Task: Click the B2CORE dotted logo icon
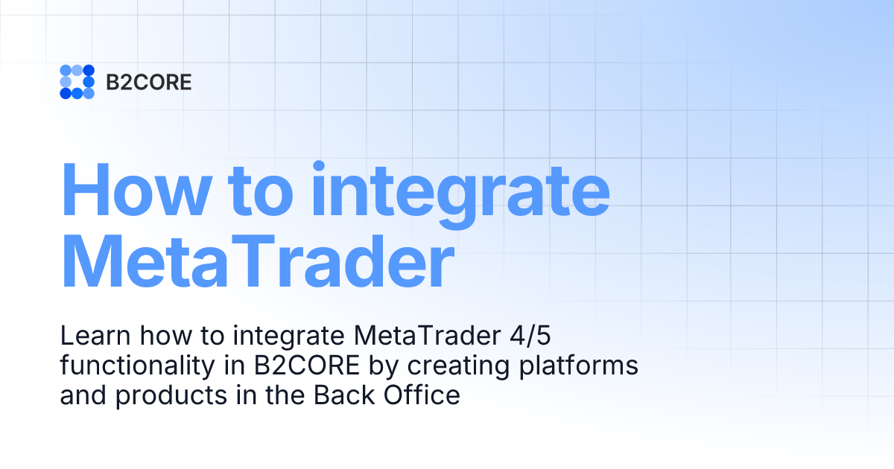click(77, 82)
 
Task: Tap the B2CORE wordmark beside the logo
click(148, 83)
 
